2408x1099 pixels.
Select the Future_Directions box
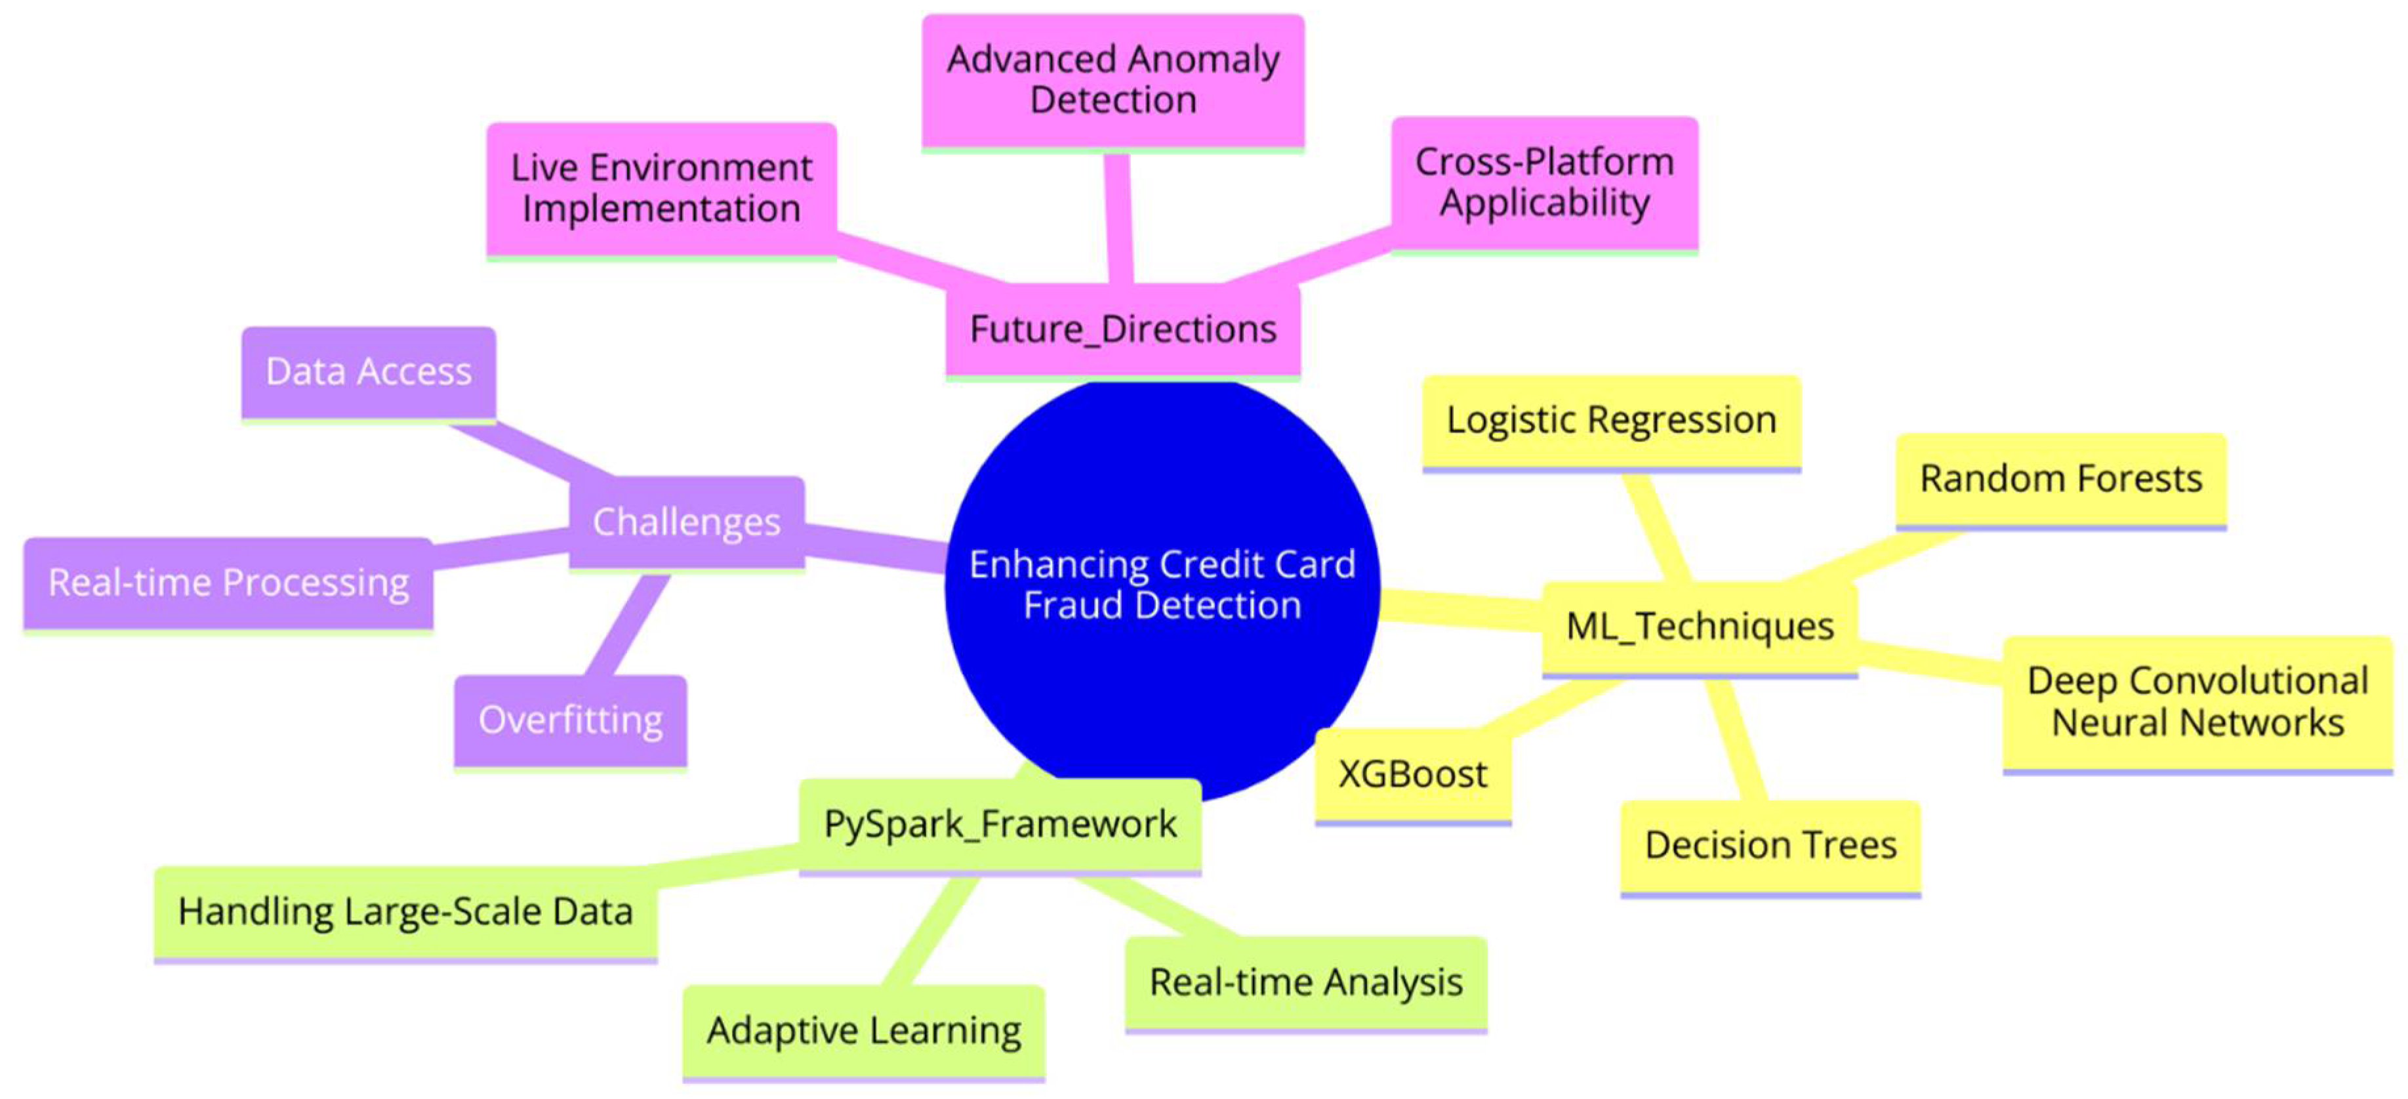click(1123, 329)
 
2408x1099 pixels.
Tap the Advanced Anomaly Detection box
click(1112, 81)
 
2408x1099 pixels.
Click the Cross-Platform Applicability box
click(1544, 182)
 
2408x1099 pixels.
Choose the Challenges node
click(686, 522)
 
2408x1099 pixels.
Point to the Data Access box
click(368, 372)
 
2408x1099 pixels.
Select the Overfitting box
click(570, 720)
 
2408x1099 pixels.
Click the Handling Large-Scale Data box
click(405, 912)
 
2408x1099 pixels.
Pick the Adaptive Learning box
click(864, 1031)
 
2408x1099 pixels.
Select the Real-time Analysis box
click(1306, 982)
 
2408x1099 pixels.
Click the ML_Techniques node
click(1700, 627)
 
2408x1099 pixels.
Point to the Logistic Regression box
click(1610, 421)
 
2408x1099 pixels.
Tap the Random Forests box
click(2060, 479)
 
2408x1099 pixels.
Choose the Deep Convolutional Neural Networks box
click(2197, 703)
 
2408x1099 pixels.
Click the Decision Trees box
click(1770, 846)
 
